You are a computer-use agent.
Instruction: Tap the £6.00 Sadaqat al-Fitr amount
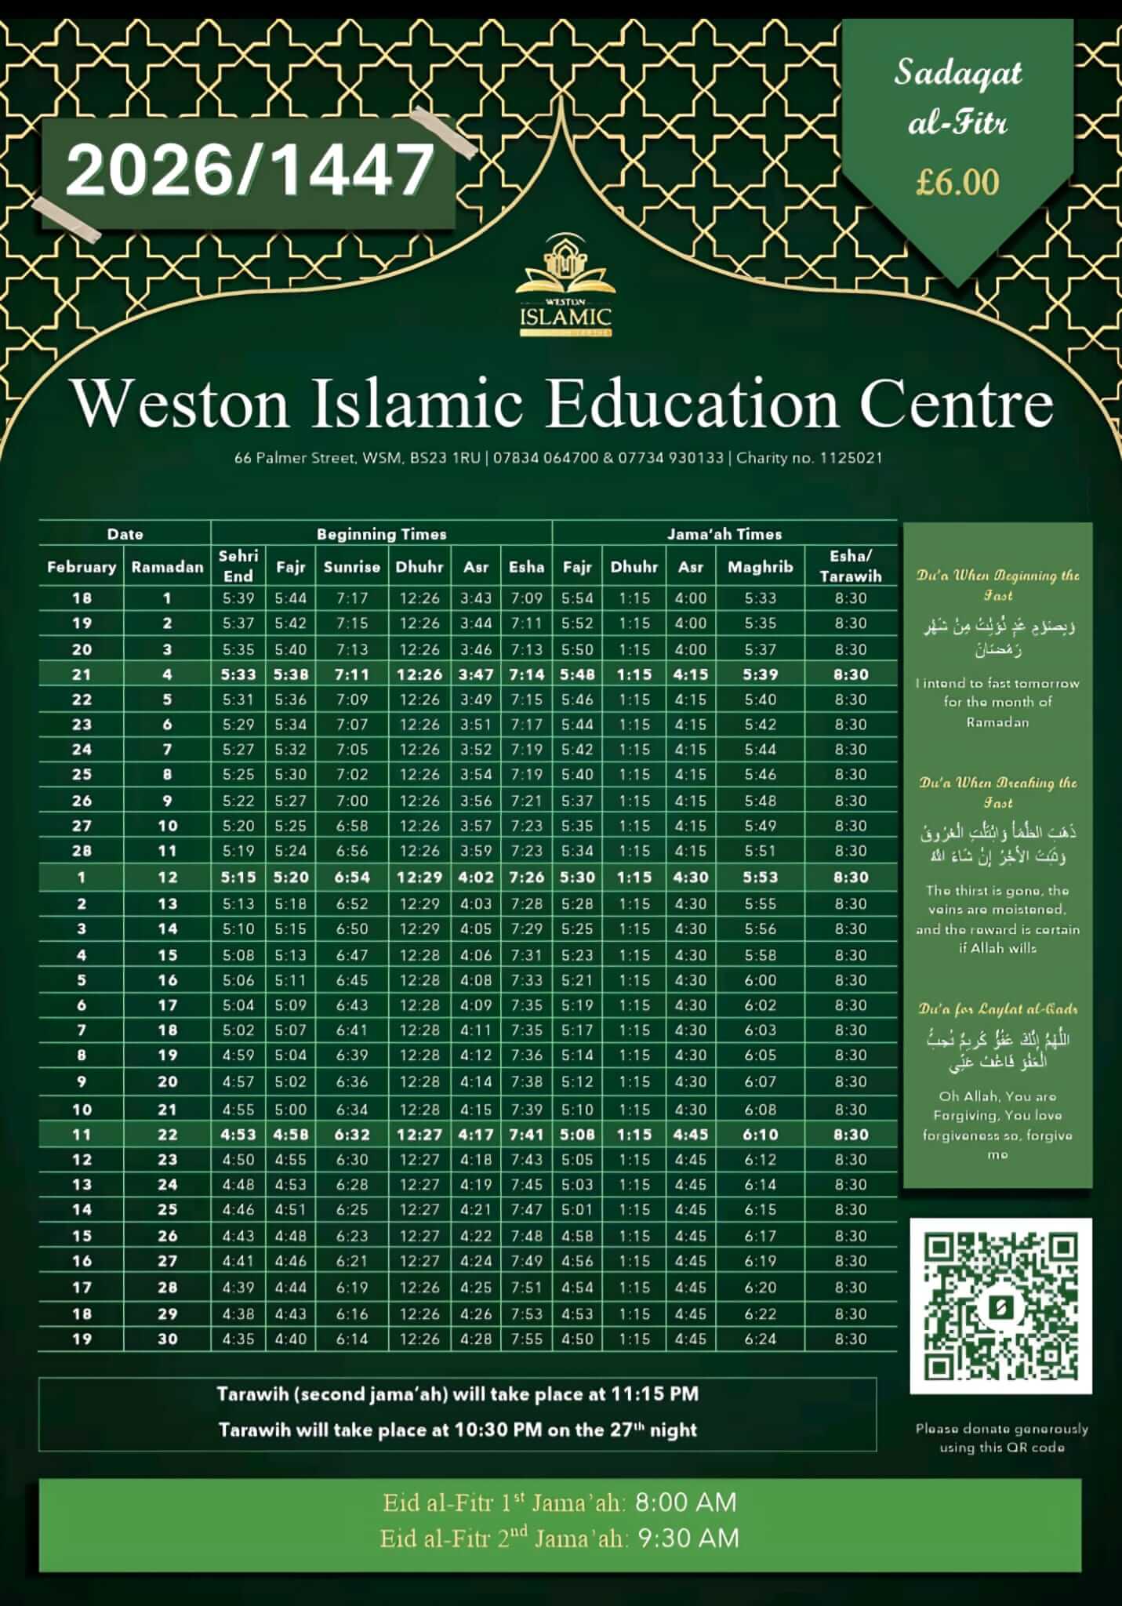[x=957, y=183]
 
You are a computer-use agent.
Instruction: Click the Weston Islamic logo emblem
[x=565, y=285]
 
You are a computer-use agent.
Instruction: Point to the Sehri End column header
[x=238, y=566]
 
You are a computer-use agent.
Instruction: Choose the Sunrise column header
[x=351, y=567]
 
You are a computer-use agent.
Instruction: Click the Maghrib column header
[x=760, y=567]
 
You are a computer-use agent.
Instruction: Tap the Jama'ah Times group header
[x=724, y=534]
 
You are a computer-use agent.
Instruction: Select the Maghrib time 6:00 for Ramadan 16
[x=760, y=980]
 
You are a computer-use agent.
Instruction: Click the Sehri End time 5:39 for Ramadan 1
[x=238, y=598]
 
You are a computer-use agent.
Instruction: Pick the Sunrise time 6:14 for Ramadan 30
[x=351, y=1339]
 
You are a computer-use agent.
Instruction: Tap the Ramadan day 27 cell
[x=167, y=1261]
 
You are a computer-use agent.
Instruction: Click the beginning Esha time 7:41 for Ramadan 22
[x=526, y=1135]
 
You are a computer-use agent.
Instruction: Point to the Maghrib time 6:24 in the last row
[x=760, y=1339]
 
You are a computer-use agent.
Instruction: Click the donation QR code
[x=1000, y=1306]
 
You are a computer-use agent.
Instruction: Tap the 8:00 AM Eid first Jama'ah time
[x=685, y=1502]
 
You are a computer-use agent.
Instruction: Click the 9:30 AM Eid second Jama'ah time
[x=688, y=1539]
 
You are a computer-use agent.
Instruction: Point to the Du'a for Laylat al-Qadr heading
[x=997, y=1009]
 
